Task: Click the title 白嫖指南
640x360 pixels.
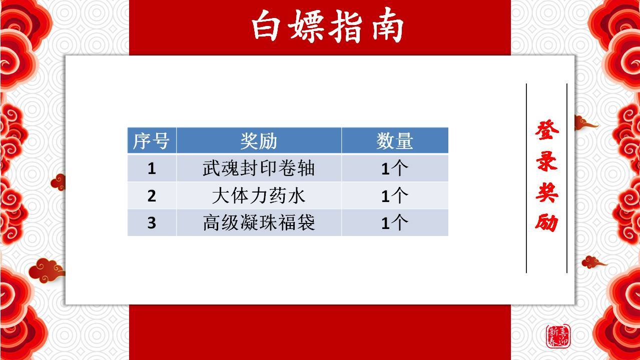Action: click(327, 26)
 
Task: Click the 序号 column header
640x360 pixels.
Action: click(152, 140)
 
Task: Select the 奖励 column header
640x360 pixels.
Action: click(259, 140)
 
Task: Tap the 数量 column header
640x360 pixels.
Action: click(395, 140)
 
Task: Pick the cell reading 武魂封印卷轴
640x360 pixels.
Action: click(259, 168)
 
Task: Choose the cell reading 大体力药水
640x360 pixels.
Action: click(259, 195)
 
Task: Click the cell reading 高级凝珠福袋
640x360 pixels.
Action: click(259, 222)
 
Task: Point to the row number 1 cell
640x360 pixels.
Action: click(152, 168)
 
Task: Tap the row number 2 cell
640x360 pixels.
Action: click(152, 195)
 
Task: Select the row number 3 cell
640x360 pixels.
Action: click(152, 222)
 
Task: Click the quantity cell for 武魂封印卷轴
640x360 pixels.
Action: click(395, 168)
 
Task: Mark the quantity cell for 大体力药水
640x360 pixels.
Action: click(395, 195)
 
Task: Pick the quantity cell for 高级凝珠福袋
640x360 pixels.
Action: click(395, 222)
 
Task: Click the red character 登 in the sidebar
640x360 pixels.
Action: click(547, 130)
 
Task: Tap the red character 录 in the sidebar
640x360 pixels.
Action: click(547, 161)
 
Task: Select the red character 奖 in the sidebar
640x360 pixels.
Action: click(547, 192)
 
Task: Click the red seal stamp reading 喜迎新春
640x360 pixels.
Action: click(558, 336)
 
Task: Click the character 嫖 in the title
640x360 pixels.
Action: click(307, 26)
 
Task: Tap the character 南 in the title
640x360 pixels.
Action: click(388, 26)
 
